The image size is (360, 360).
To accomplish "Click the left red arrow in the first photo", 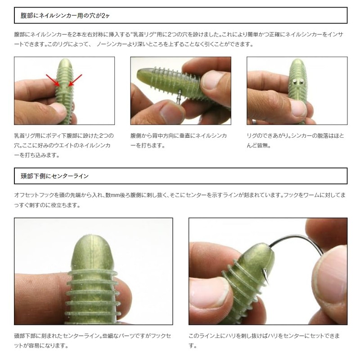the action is [x=53, y=80].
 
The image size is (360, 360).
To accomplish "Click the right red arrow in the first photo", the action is [x=75, y=80].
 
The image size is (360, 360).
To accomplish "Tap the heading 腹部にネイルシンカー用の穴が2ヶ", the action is [x=65, y=16].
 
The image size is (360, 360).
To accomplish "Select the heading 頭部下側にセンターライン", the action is [x=54, y=176].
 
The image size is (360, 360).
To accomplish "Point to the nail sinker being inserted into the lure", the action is [x=179, y=97].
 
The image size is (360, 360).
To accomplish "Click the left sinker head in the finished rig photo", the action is [x=295, y=81].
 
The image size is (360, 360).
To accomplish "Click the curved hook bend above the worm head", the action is [x=296, y=239].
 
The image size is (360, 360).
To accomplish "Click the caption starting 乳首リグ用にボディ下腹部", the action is [x=64, y=145].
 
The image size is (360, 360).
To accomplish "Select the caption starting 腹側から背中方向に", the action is [x=179, y=140].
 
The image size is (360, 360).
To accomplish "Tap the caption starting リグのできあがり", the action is [x=296, y=140].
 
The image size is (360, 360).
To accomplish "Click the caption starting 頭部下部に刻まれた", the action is [x=93, y=341].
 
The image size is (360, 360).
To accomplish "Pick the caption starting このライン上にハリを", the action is [x=264, y=341].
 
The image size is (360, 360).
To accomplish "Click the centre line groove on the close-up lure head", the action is [x=94, y=252].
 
